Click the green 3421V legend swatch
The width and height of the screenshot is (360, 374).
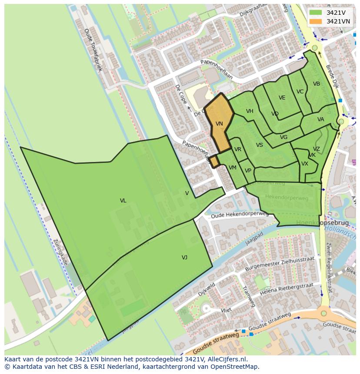(316, 13)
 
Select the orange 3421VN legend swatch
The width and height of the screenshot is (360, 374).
(316, 21)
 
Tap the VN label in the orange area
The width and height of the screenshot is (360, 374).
(219, 124)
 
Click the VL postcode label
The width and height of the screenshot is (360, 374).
(123, 201)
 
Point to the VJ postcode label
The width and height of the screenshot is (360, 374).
(184, 258)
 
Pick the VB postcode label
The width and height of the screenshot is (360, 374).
(317, 84)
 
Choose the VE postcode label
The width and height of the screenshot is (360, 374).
(282, 98)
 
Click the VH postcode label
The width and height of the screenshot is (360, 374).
(250, 111)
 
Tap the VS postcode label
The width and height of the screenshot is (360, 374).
(260, 145)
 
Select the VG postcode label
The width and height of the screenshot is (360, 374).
(284, 137)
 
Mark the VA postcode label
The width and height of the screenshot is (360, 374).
(321, 119)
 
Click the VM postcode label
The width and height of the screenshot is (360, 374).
(233, 168)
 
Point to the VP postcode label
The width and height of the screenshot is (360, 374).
(248, 171)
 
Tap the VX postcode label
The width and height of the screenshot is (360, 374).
(305, 164)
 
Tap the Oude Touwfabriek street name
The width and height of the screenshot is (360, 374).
(93, 50)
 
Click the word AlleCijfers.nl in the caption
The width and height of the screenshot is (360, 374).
(226, 359)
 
